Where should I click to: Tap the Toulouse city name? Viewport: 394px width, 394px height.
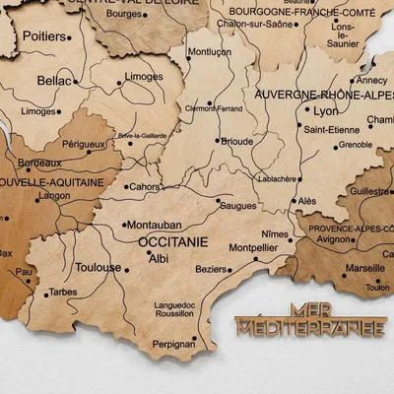tap(98, 267)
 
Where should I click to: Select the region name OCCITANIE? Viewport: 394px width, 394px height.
tap(173, 239)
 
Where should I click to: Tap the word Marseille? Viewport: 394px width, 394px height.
tap(365, 267)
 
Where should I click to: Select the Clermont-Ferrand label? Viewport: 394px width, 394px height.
tap(214, 108)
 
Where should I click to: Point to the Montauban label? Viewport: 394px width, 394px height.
tap(153, 225)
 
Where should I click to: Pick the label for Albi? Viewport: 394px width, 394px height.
tap(158, 258)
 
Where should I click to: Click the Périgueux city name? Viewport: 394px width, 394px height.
tap(84, 144)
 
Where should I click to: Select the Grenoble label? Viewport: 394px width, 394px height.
tap(355, 145)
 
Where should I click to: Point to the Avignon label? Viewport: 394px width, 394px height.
tap(334, 239)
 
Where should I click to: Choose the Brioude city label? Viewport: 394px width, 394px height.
tap(236, 141)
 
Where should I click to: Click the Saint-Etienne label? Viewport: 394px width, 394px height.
tap(330, 129)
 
